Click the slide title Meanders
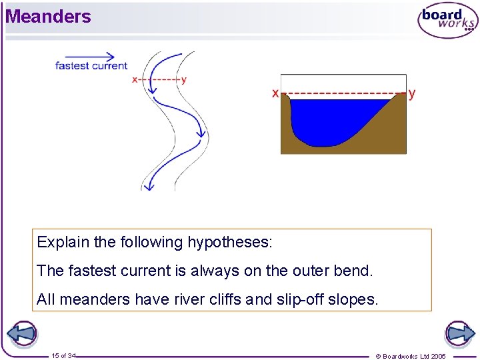(48, 17)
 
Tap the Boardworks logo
(447, 21)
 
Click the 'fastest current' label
(91, 66)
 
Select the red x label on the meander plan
(135, 80)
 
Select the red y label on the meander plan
(184, 80)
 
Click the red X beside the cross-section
(275, 94)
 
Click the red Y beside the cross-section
(412, 94)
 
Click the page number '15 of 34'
(63, 356)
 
